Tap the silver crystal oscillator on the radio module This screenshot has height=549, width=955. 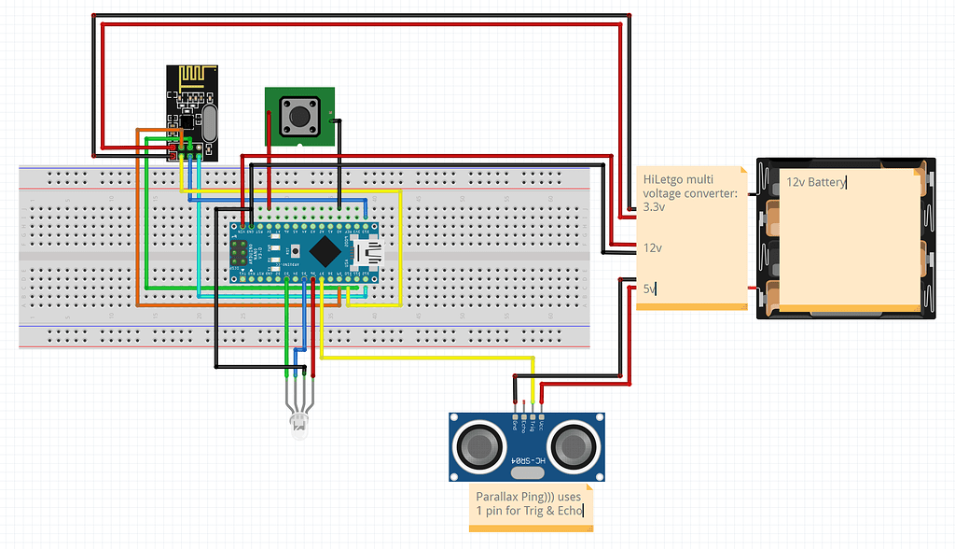208,122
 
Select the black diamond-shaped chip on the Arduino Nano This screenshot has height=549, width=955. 325,250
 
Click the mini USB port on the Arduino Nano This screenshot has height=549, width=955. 372,252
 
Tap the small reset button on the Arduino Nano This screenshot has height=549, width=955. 296,251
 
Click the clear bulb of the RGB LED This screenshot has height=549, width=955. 299,429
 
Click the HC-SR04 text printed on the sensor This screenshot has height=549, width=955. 527,462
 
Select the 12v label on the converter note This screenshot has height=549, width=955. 652,248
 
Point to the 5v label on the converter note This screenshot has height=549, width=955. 649,289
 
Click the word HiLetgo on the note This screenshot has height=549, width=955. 664,178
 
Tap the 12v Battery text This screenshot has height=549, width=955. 815,182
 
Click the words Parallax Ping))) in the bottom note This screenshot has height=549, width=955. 519,497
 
